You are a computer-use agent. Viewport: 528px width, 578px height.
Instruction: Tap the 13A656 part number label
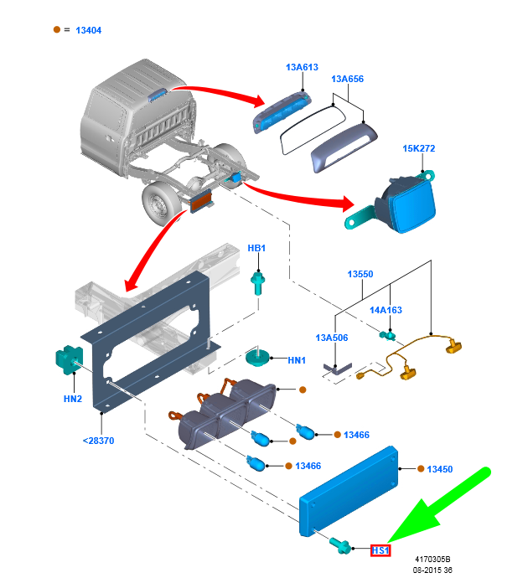tap(347, 80)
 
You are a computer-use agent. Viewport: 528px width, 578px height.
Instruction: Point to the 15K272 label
tap(419, 148)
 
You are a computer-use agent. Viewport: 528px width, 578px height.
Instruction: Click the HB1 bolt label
tap(256, 248)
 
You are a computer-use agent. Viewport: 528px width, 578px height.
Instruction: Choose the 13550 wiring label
tap(360, 274)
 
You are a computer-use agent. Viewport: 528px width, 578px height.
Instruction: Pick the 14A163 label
tap(386, 310)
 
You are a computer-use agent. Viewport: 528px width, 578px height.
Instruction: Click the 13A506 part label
tap(332, 338)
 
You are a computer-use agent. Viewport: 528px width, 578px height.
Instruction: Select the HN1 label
tap(297, 360)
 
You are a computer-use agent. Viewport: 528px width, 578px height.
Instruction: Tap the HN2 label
tap(73, 399)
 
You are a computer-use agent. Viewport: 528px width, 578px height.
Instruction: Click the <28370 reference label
tap(99, 441)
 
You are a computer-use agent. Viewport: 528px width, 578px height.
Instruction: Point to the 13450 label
tap(439, 469)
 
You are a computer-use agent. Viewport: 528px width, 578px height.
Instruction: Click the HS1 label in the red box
tap(381, 550)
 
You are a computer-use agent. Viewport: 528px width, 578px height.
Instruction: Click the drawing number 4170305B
tap(432, 559)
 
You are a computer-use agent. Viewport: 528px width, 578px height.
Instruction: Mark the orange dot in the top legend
tap(57, 29)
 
